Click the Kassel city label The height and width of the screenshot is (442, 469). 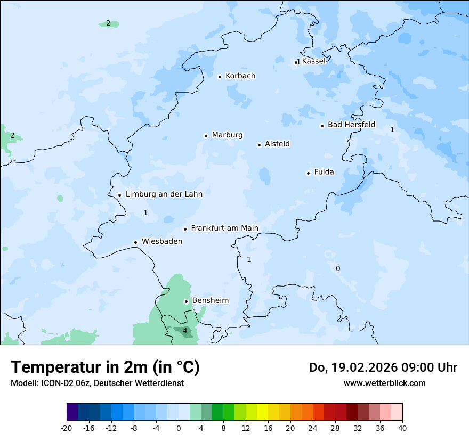click(x=313, y=61)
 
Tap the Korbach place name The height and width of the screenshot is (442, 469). click(x=240, y=76)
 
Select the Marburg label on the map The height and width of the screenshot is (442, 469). click(x=227, y=135)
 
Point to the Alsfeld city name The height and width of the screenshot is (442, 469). click(x=277, y=144)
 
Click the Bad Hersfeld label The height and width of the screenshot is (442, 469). click(x=351, y=125)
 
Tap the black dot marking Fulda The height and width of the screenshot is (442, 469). click(x=308, y=173)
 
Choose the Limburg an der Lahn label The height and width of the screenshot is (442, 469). click(x=164, y=194)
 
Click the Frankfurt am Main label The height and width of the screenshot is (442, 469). click(x=224, y=228)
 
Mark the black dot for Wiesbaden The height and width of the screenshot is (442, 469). click(x=136, y=242)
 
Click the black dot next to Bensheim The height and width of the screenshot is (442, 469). click(x=186, y=301)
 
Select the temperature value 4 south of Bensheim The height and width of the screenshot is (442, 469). click(x=185, y=331)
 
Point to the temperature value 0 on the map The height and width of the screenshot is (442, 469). click(x=337, y=268)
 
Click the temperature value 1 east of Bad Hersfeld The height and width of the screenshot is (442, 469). click(x=392, y=129)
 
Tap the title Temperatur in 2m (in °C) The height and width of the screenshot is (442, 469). click(x=105, y=367)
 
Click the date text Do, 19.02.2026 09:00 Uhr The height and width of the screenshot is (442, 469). click(x=383, y=367)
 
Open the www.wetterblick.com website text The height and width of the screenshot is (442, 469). click(x=384, y=383)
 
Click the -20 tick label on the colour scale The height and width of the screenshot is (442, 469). click(x=67, y=428)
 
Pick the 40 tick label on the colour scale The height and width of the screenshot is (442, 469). click(x=402, y=428)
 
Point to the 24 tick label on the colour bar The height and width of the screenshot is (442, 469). click(x=313, y=428)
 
